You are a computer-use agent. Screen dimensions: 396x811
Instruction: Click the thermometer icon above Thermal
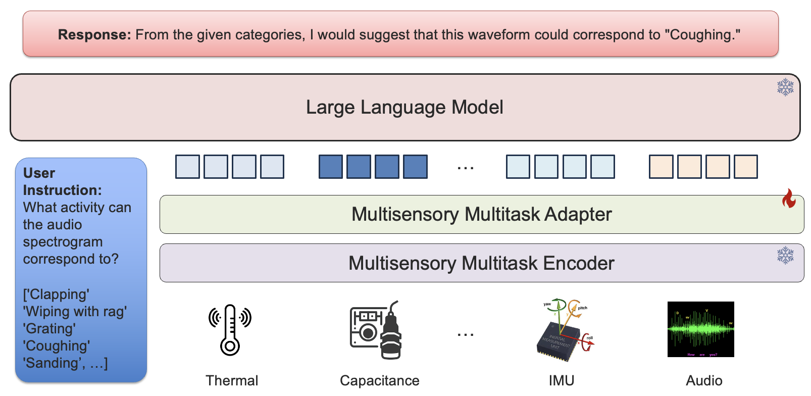230,329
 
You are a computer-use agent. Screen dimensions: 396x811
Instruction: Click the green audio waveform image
700,329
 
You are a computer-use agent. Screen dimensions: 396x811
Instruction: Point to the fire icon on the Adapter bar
789,199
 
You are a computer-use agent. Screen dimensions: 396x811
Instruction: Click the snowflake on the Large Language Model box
785,87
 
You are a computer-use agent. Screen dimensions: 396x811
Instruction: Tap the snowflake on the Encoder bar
785,255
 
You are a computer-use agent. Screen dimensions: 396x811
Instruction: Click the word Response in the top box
94,35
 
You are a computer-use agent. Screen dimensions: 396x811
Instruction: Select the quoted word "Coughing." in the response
702,35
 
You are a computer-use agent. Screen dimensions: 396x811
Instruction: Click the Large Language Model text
404,107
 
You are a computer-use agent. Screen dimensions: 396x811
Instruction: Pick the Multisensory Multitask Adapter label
481,214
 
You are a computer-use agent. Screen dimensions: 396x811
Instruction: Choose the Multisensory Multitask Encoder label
481,263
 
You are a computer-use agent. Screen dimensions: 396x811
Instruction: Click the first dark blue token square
331,167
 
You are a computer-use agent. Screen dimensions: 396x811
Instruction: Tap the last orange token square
745,167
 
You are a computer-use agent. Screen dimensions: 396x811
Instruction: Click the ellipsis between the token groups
465,168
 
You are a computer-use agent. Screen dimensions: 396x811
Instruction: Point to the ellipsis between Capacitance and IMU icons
465,334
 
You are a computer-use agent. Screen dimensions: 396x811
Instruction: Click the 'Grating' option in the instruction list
49,329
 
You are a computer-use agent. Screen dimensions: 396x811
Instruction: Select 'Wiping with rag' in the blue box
75,312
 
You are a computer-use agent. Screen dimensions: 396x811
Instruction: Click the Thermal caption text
232,380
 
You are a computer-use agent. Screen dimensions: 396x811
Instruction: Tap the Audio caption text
704,380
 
